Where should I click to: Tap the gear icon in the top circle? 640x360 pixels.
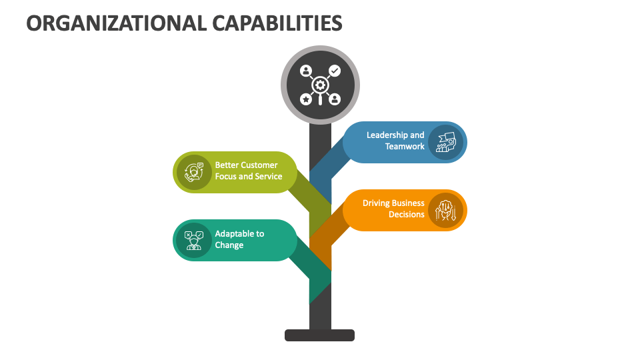click(x=320, y=85)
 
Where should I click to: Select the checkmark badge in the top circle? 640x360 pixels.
click(x=335, y=70)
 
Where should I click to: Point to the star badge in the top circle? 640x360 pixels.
click(x=305, y=99)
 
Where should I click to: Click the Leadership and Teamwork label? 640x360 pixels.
click(x=395, y=141)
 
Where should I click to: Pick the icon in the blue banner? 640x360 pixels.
click(x=445, y=142)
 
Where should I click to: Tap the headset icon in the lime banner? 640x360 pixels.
click(x=194, y=172)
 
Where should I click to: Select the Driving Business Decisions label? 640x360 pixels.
click(x=393, y=209)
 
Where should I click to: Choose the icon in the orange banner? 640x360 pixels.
click(x=445, y=210)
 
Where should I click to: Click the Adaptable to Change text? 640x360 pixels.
click(x=239, y=239)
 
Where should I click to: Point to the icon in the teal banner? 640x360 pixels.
click(x=194, y=240)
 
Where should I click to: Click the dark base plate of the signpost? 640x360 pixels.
click(x=319, y=335)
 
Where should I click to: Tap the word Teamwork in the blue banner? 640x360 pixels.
click(x=405, y=147)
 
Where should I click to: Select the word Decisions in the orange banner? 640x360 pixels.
click(x=407, y=215)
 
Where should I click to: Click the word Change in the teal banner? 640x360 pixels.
click(x=229, y=245)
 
